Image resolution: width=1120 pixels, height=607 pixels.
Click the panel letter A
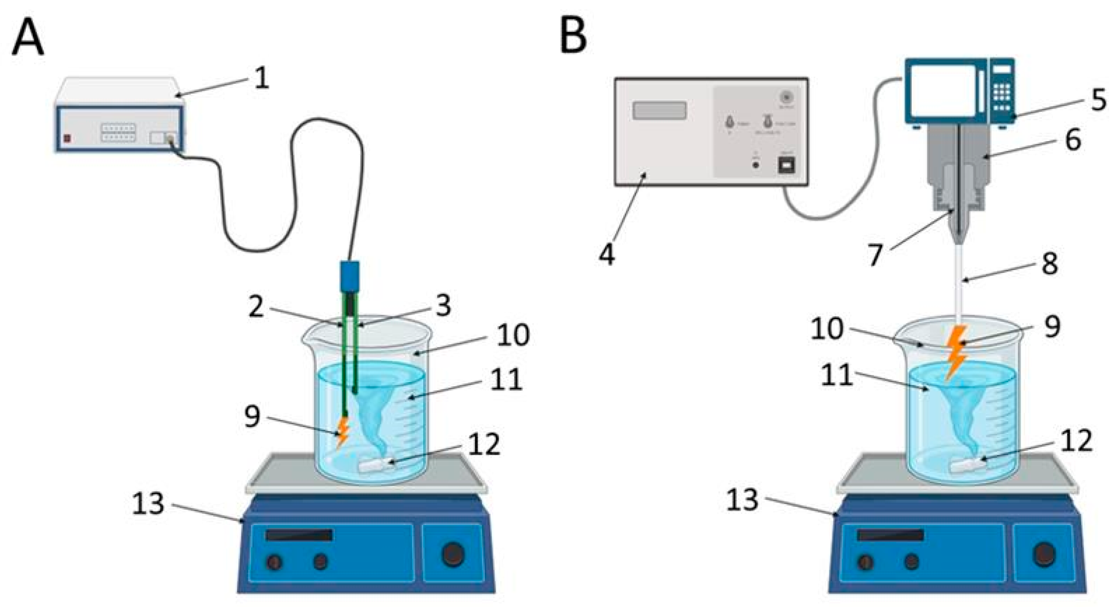pyautogui.click(x=28, y=38)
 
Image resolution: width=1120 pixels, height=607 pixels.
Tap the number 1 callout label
pyautogui.click(x=261, y=79)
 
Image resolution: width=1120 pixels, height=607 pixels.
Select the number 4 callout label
pyautogui.click(x=607, y=254)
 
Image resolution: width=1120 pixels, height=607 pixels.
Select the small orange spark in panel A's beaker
pyautogui.click(x=343, y=433)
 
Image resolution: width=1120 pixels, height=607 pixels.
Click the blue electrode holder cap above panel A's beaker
pyautogui.click(x=349, y=276)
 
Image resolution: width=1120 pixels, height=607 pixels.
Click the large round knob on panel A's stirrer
pyautogui.click(x=453, y=554)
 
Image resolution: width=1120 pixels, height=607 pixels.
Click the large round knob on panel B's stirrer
pyautogui.click(x=1044, y=555)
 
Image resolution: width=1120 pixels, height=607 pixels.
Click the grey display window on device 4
pyautogui.click(x=660, y=110)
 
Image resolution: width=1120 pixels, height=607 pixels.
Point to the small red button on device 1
pyautogui.click(x=67, y=139)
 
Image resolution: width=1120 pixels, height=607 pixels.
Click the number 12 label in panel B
pyautogui.click(x=1076, y=440)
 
